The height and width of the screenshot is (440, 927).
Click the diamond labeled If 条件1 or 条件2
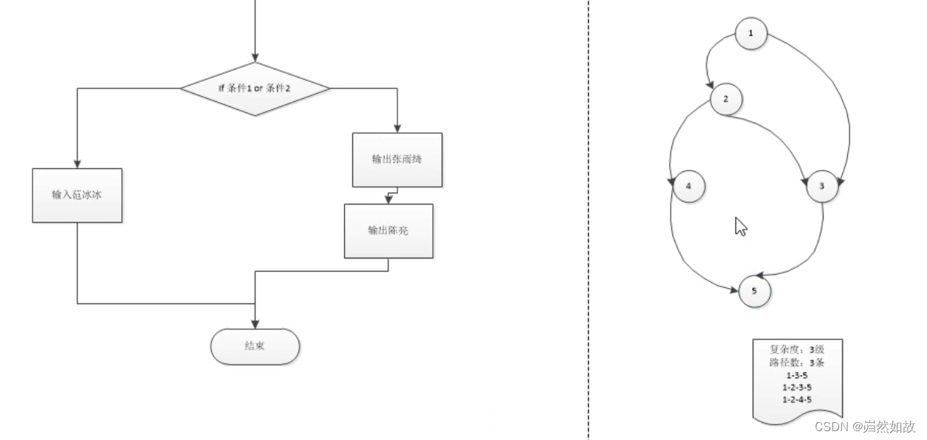tap(255, 89)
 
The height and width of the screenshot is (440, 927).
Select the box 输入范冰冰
tap(77, 195)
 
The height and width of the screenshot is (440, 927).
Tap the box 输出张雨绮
tap(397, 159)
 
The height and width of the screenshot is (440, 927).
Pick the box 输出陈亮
tap(389, 230)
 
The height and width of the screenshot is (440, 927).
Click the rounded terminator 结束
tap(255, 346)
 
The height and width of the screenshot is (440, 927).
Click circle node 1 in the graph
tap(751, 33)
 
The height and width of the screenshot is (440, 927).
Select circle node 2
tap(726, 99)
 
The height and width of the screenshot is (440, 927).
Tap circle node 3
tap(821, 186)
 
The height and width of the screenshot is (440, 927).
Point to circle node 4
tap(688, 186)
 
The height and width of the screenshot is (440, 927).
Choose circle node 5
tap(754, 291)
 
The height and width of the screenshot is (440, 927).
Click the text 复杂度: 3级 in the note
tap(796, 350)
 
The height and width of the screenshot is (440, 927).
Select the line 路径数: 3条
tap(796, 362)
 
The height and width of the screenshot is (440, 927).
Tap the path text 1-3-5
tap(796, 375)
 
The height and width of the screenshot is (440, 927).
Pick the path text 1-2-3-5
tap(796, 387)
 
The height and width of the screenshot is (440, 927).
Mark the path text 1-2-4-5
tap(796, 399)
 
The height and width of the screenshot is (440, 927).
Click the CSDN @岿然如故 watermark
tap(864, 427)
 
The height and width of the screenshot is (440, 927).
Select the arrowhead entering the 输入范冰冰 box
tap(77, 163)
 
